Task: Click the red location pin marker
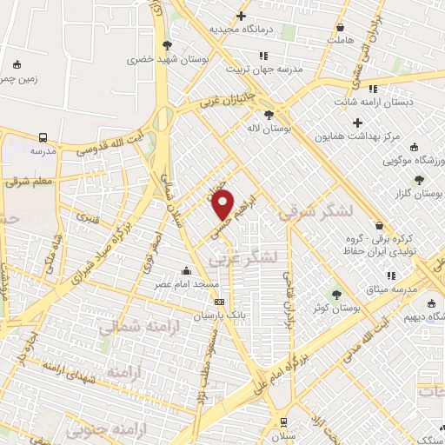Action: pos(223,205)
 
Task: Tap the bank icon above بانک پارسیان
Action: pos(219,302)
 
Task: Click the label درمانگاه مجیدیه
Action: pos(241,30)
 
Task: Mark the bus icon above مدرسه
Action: pos(43,136)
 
